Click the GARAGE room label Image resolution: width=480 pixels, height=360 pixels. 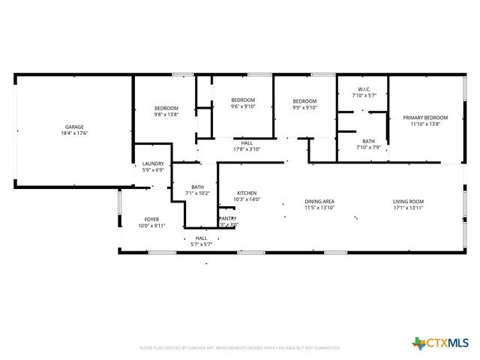tap(74, 127)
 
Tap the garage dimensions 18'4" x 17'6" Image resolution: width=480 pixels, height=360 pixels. tap(74, 133)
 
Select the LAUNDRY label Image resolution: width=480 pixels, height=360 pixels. tap(153, 163)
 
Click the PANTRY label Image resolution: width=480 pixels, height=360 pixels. tap(228, 219)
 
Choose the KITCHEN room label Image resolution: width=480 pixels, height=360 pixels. tap(247, 193)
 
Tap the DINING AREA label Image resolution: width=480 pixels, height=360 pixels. tap(319, 201)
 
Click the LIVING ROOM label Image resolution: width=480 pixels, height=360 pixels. tap(409, 201)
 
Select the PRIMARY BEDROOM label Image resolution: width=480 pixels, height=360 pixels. tap(425, 118)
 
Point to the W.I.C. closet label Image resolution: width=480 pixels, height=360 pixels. tap(364, 90)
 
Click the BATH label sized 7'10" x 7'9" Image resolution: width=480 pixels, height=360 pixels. tap(368, 141)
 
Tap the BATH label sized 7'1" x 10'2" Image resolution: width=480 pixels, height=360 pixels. tap(198, 187)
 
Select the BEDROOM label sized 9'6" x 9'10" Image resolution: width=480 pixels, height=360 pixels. tap(243, 100)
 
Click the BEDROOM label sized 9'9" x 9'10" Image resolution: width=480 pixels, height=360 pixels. tap(304, 101)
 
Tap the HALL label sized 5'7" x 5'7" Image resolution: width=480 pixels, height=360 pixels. tap(201, 238)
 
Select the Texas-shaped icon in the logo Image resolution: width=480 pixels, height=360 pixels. tap(418, 343)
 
